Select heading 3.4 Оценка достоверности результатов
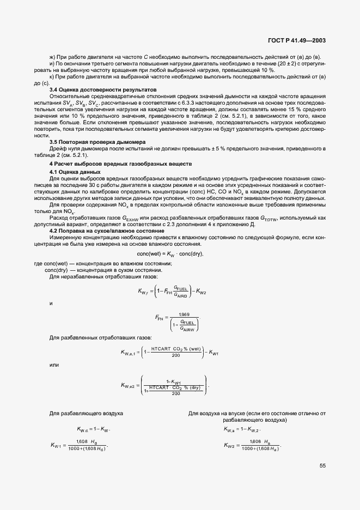click(103, 89)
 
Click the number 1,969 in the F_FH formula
click(184, 314)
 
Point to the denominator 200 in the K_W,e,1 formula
click(175, 356)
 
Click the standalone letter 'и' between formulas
click(51, 303)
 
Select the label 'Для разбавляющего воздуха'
click(86, 414)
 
